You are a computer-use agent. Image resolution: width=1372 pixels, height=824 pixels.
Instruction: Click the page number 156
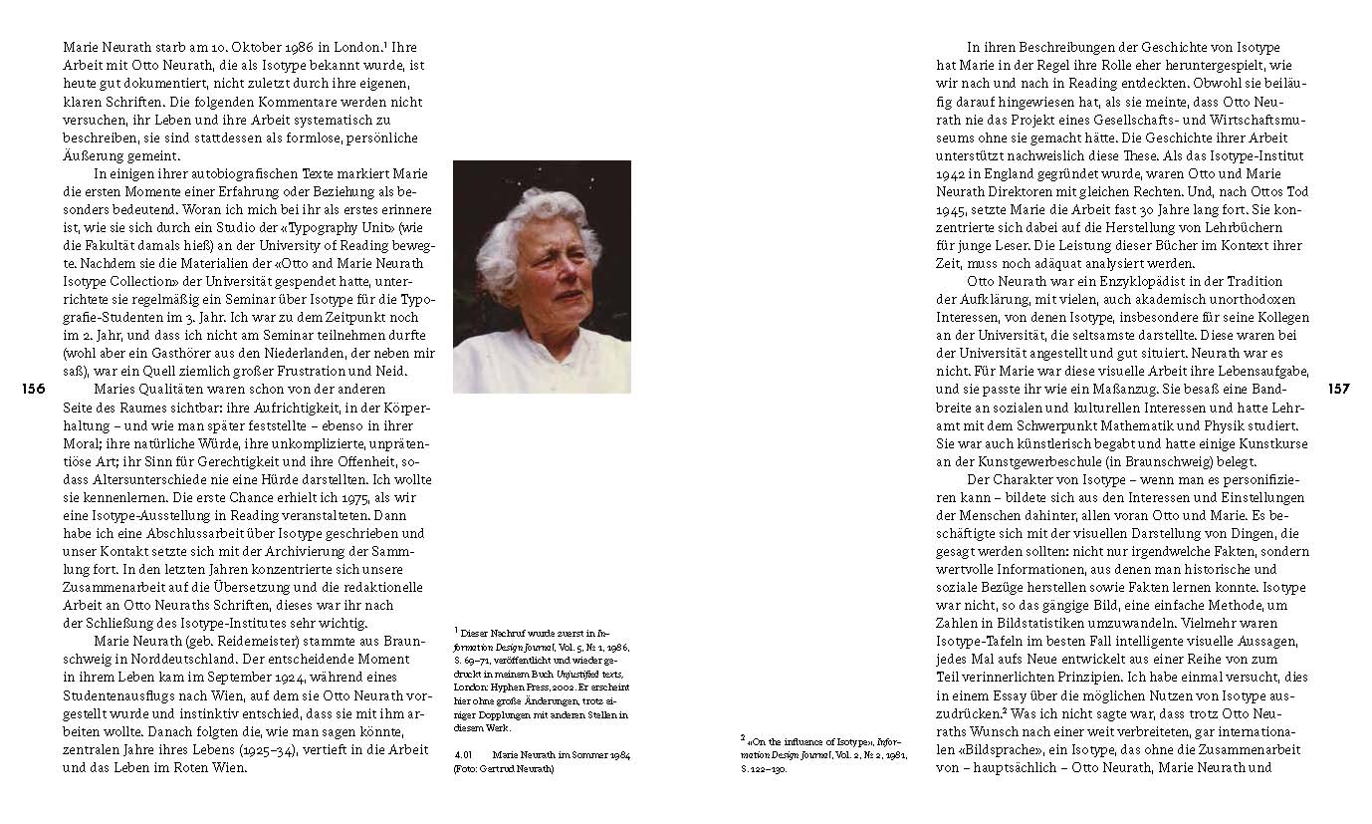[33, 390]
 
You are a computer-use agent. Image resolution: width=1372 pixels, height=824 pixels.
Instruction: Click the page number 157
[1338, 390]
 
